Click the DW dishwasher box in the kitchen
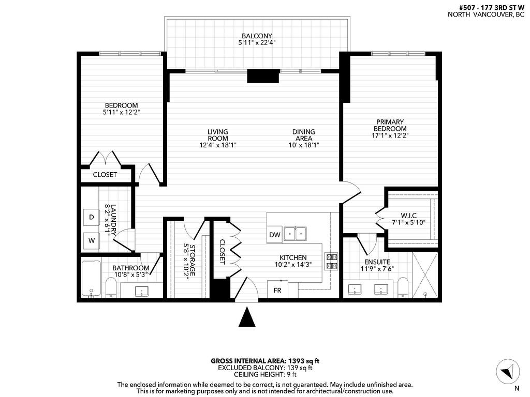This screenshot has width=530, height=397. pyautogui.click(x=275, y=235)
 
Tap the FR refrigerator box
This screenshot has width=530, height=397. pyautogui.click(x=277, y=290)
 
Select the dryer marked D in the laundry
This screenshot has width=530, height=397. pyautogui.click(x=92, y=218)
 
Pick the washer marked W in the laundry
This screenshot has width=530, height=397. pyautogui.click(x=92, y=240)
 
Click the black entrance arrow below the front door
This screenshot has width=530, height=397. pyautogui.click(x=247, y=317)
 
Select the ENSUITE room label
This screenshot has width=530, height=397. pyautogui.click(x=377, y=262)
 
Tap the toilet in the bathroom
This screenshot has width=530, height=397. pyautogui.click(x=111, y=287)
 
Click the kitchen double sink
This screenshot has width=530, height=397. pyautogui.click(x=296, y=234)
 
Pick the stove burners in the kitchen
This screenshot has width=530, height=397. pyautogui.click(x=331, y=261)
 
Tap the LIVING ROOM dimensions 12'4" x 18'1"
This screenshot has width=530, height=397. pyautogui.click(x=218, y=145)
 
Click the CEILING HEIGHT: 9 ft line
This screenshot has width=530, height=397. pyautogui.click(x=265, y=374)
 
